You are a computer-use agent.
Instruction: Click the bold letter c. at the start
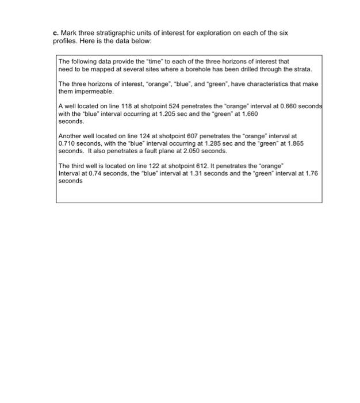coord(48,32)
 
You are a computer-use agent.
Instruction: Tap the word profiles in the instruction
coord(56,40)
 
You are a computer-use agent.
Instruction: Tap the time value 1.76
coord(311,173)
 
